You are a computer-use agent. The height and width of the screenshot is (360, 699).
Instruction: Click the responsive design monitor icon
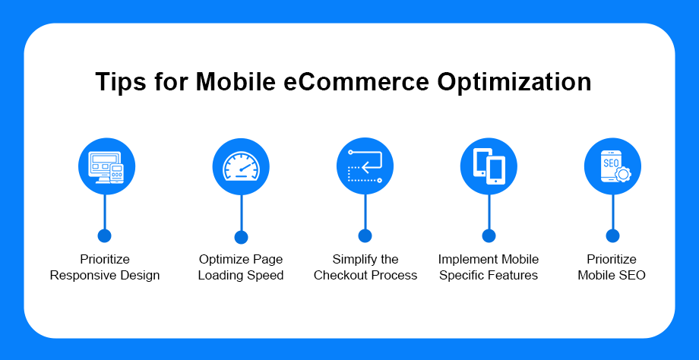coord(106,166)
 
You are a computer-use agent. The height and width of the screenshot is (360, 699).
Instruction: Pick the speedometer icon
coord(241,166)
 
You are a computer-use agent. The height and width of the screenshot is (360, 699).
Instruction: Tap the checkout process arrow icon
coord(365,166)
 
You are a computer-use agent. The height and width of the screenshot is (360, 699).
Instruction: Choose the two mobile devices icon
coord(489,166)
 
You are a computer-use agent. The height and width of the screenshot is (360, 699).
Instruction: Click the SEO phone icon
coord(612,166)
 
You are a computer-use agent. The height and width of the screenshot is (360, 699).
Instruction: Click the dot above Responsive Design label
coord(104,235)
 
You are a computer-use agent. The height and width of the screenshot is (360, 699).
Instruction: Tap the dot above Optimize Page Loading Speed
coord(241,237)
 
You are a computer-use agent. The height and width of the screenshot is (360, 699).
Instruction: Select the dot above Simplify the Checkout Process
coord(365,235)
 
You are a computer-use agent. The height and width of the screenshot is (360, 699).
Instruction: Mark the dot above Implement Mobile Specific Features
coord(489,235)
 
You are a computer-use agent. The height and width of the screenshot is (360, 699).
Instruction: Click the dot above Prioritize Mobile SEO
coord(612,235)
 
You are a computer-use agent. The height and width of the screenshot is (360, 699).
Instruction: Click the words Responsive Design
coord(105,276)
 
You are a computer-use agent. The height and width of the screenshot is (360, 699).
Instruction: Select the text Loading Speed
coord(241,276)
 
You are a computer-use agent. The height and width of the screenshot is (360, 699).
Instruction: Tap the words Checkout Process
coord(365,276)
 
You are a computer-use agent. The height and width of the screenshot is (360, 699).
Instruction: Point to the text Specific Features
coord(489,276)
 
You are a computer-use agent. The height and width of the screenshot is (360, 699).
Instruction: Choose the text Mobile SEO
coord(612,276)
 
